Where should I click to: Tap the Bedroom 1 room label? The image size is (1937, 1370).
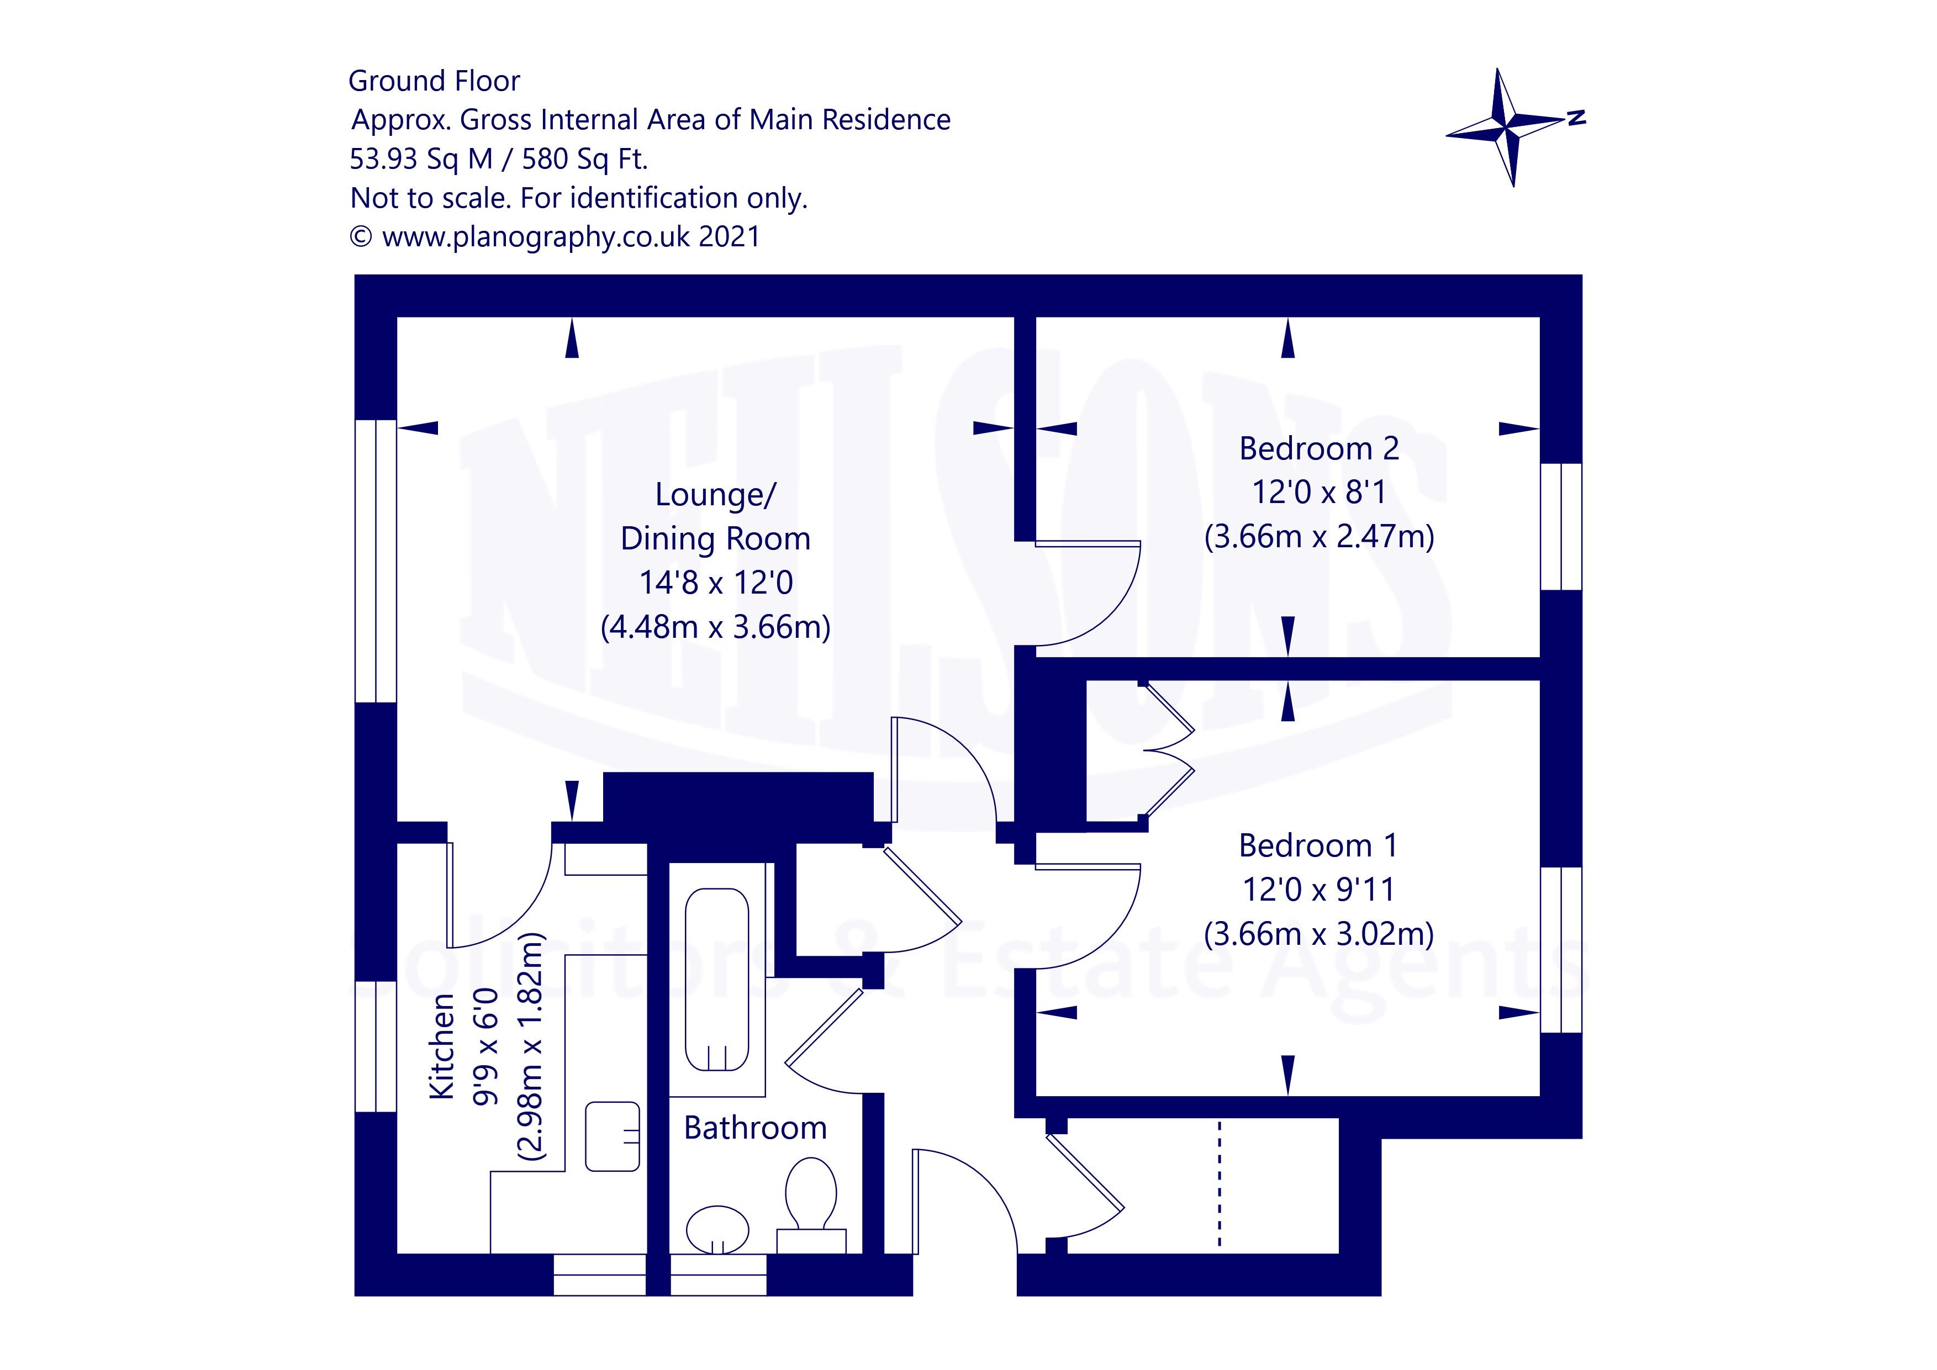[1318, 845]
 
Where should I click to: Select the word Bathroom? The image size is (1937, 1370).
[755, 1128]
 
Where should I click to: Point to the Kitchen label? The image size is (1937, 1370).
[442, 1046]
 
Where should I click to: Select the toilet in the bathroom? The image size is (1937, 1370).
[811, 1193]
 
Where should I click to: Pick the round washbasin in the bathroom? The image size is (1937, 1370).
[717, 1230]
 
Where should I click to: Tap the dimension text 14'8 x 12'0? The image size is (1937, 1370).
[715, 583]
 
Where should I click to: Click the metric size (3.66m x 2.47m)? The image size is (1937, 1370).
[1318, 537]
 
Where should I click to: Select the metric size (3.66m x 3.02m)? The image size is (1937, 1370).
[1318, 934]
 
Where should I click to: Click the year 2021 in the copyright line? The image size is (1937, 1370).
[729, 236]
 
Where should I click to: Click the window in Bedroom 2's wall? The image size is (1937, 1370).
[1561, 526]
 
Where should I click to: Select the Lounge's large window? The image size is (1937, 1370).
[376, 561]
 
